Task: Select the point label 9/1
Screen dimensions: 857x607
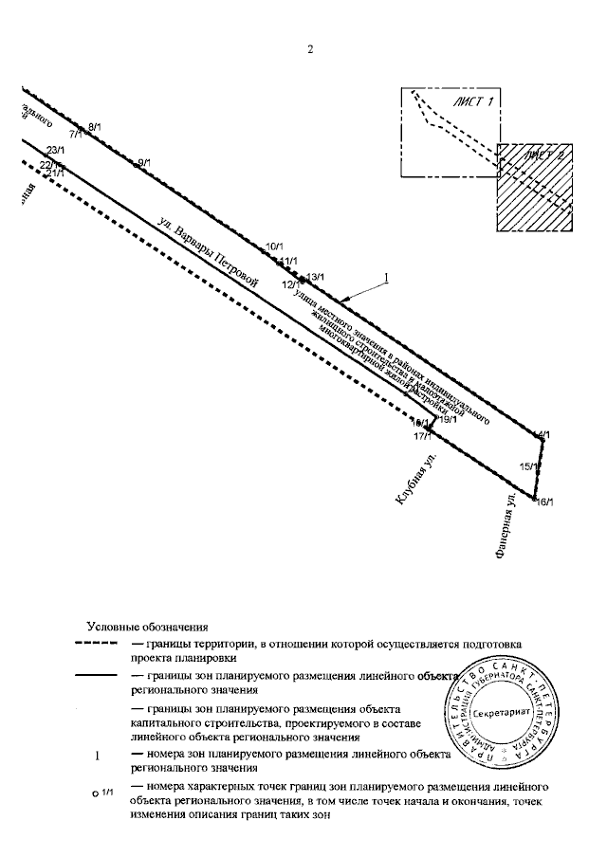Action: coord(144,163)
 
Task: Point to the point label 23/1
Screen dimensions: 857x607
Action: coord(54,150)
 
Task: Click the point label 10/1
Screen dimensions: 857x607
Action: coord(275,246)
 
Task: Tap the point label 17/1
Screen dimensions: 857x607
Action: coord(423,436)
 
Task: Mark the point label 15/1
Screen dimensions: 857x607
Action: coord(531,465)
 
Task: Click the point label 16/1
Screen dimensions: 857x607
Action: coord(544,501)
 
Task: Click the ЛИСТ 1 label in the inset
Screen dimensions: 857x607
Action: coord(477,101)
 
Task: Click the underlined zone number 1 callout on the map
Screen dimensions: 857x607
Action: coord(386,278)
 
